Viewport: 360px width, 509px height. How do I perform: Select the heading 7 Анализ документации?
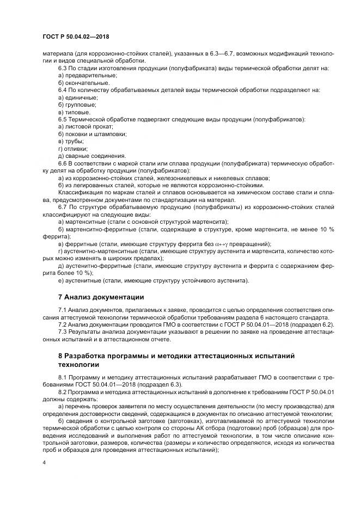tap(101, 297)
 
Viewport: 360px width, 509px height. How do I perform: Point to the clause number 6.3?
tap(62, 69)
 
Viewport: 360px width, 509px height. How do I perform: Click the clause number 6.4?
tap(62, 90)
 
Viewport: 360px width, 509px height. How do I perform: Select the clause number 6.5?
tap(62, 119)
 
